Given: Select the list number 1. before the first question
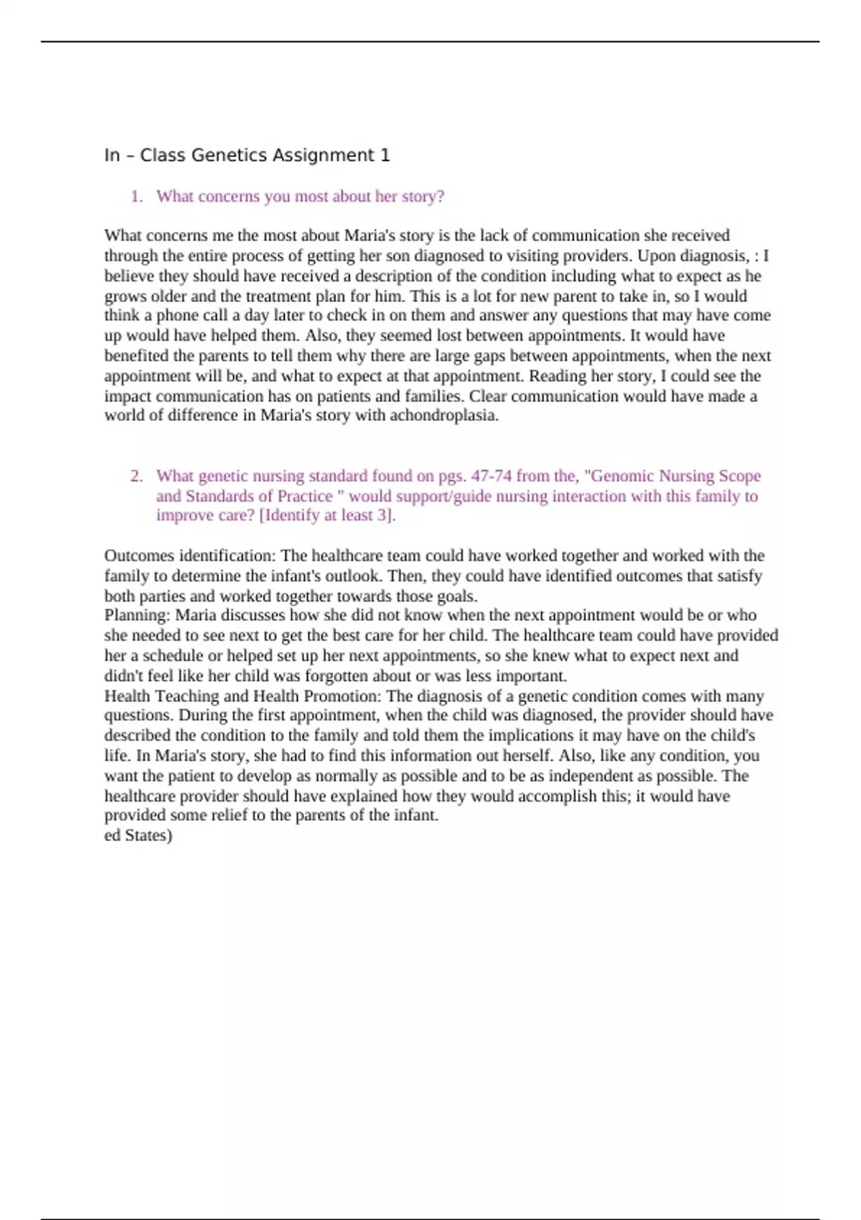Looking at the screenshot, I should coord(137,197).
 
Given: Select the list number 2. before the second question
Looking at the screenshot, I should coord(137,476).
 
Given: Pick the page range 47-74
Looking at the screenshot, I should coord(496,476).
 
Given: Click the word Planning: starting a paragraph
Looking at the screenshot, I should coord(137,615).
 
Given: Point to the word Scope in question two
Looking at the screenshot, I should coord(740,476).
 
